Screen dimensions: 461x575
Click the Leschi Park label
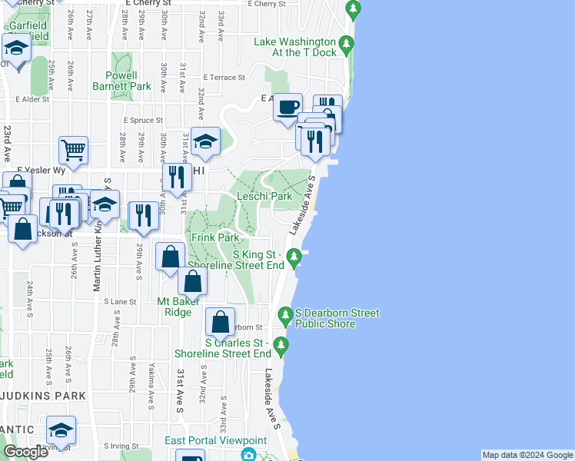tap(264, 196)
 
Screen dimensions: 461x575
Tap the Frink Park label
tap(216, 238)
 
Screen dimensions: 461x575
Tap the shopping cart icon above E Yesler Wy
tap(73, 150)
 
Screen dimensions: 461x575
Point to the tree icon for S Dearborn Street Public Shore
tap(286, 314)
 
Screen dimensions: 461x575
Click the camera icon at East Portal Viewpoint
tap(248, 455)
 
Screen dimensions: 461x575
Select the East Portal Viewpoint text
tap(215, 440)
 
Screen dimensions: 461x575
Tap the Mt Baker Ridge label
tap(179, 307)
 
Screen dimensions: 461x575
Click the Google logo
tap(25, 452)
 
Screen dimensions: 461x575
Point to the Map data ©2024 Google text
tap(527, 455)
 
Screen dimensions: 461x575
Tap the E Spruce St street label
tap(143, 121)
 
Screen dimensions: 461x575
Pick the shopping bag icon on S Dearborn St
tap(221, 322)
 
